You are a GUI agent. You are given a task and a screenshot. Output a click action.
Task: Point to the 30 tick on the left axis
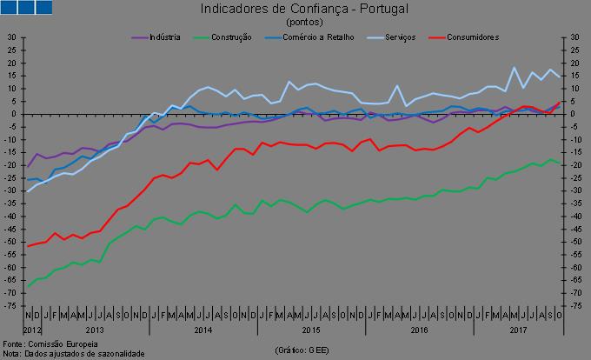11,37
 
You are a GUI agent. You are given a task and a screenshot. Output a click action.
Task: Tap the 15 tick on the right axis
574,76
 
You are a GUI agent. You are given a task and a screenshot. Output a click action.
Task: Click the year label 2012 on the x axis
32,330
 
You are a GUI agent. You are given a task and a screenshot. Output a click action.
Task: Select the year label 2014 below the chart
203,330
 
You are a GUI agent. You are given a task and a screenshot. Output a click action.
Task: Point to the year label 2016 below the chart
420,330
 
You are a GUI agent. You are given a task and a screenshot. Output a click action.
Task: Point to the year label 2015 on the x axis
311,330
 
